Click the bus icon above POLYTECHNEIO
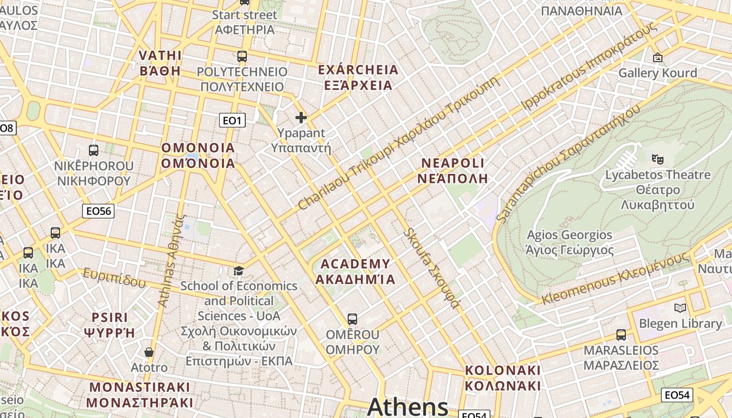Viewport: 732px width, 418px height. point(242,56)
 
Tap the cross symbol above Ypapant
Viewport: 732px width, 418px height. point(301,118)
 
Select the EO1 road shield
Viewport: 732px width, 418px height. point(232,121)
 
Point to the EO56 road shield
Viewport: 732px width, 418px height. point(98,211)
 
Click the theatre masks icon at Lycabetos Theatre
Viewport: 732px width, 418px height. point(657,158)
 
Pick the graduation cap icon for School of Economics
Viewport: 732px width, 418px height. point(238,271)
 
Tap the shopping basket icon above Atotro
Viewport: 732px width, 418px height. point(149,352)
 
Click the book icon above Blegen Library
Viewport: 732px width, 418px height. point(680,308)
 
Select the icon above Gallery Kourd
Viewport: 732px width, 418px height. point(657,57)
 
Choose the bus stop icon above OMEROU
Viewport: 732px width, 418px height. point(352,319)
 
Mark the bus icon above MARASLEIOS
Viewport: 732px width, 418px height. point(621,334)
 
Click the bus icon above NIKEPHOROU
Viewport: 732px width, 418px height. point(94,150)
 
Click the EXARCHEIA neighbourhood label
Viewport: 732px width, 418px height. point(358,77)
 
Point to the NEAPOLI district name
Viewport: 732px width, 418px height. point(453,170)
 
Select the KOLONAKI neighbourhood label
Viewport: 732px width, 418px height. point(502,378)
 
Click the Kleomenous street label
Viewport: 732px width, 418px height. point(614,278)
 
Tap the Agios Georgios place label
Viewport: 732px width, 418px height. point(569,242)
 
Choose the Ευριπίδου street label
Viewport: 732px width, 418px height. point(114,277)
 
